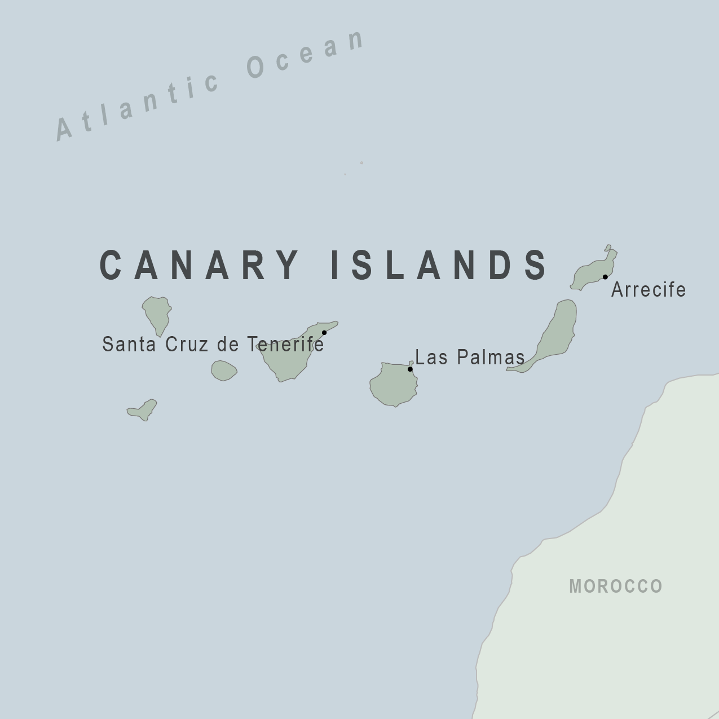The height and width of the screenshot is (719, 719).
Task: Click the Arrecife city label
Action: (x=649, y=290)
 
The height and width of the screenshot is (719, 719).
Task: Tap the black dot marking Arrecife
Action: (x=605, y=277)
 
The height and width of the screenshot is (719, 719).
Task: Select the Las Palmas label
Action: (x=470, y=358)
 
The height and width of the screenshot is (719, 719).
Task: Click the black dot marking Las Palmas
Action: (x=410, y=369)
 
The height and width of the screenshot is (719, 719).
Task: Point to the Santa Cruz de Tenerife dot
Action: (x=324, y=333)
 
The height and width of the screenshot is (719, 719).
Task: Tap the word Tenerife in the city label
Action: (x=285, y=344)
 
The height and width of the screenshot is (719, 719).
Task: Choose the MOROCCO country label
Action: (x=616, y=586)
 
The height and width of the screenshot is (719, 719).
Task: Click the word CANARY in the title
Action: (x=199, y=264)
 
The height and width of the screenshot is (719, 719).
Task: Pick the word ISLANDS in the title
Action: (x=438, y=264)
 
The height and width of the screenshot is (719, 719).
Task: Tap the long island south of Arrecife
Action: (x=555, y=333)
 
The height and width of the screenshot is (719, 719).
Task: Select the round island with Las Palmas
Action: (x=393, y=385)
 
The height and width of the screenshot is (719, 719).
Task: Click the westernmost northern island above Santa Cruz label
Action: (x=157, y=313)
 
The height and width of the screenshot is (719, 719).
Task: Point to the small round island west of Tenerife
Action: (x=224, y=370)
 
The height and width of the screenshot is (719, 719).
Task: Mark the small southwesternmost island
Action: (x=144, y=410)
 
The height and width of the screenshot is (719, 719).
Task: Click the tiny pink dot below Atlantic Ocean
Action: (x=361, y=163)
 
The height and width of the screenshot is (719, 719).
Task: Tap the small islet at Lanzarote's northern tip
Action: (x=608, y=248)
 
